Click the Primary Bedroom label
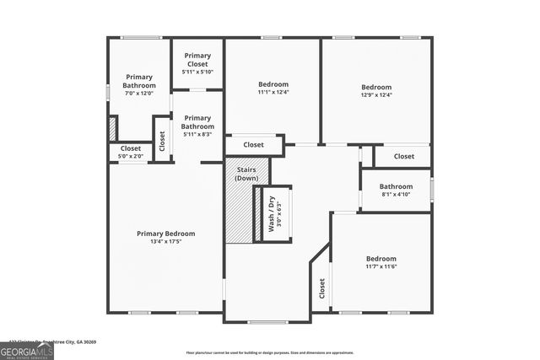click(166, 234)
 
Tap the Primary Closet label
click(197, 59)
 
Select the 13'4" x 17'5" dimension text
click(166, 242)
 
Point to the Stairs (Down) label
click(246, 174)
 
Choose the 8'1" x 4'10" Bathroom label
click(396, 186)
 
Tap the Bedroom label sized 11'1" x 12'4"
click(273, 84)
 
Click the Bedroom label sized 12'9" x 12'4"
click(376, 87)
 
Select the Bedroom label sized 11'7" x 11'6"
click(381, 258)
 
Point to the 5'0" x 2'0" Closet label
click(131, 148)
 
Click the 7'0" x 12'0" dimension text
click(139, 93)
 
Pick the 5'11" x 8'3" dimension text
click(197, 134)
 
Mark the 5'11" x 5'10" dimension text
click(197, 72)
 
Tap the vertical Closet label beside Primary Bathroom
click(161, 138)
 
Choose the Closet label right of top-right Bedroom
click(403, 156)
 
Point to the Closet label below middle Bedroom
click(254, 145)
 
